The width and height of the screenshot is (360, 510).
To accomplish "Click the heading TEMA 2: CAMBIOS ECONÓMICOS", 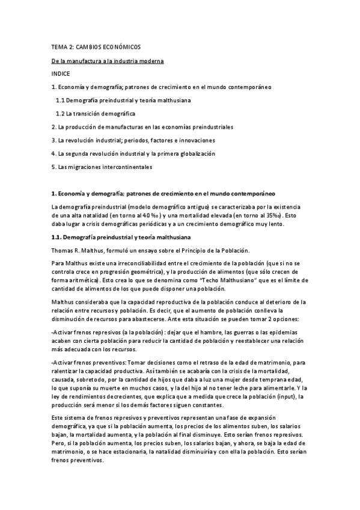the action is tap(96, 47).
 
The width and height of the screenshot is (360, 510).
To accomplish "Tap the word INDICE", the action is tap(61, 74).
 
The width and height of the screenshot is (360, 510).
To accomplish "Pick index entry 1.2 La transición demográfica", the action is tap(96, 114).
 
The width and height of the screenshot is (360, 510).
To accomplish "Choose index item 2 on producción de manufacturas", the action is tap(142, 127).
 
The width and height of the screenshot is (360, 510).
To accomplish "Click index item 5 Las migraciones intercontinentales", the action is tap(102, 167).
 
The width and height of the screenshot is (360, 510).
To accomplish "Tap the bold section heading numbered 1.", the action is tap(162, 193).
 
